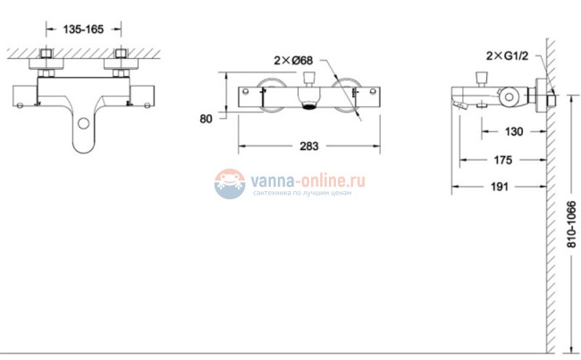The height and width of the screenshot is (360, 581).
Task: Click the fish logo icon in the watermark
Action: tap(231, 184)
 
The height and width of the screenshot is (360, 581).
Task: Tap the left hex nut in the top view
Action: tap(46, 64)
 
